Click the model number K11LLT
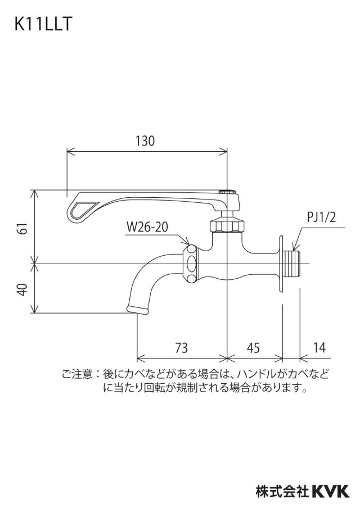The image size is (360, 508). pos(43,24)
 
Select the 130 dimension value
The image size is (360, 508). pos(145,141)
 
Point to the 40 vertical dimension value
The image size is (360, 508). pos(22,289)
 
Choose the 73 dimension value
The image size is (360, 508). pos(182,348)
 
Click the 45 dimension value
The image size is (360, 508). pos(253,348)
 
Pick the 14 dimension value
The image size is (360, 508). pos(319,348)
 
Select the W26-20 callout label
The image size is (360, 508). pos(147,227)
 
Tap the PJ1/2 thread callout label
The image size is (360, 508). pos(321,217)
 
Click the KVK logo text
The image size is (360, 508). pos(331,491)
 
